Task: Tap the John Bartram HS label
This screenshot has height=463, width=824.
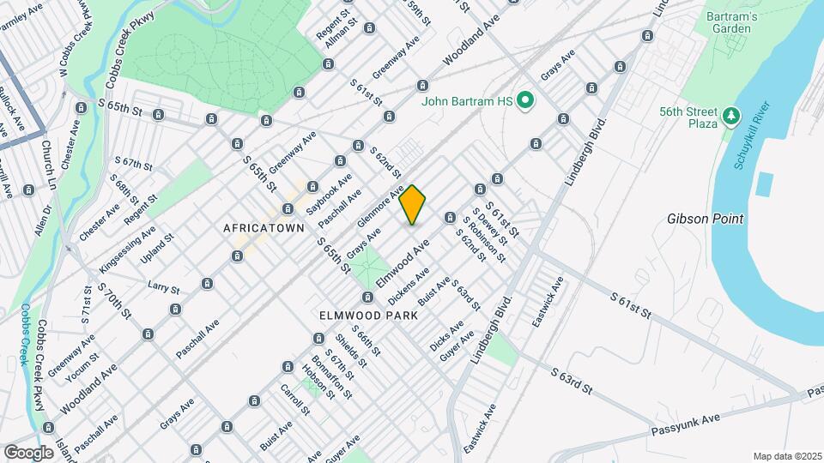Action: (467, 101)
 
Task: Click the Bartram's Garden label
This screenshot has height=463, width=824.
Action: (729, 22)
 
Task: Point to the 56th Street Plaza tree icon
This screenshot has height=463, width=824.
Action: (730, 114)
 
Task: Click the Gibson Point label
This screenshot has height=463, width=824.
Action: (704, 219)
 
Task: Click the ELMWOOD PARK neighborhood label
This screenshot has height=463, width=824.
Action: (368, 316)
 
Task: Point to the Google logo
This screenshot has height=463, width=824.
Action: (28, 452)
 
